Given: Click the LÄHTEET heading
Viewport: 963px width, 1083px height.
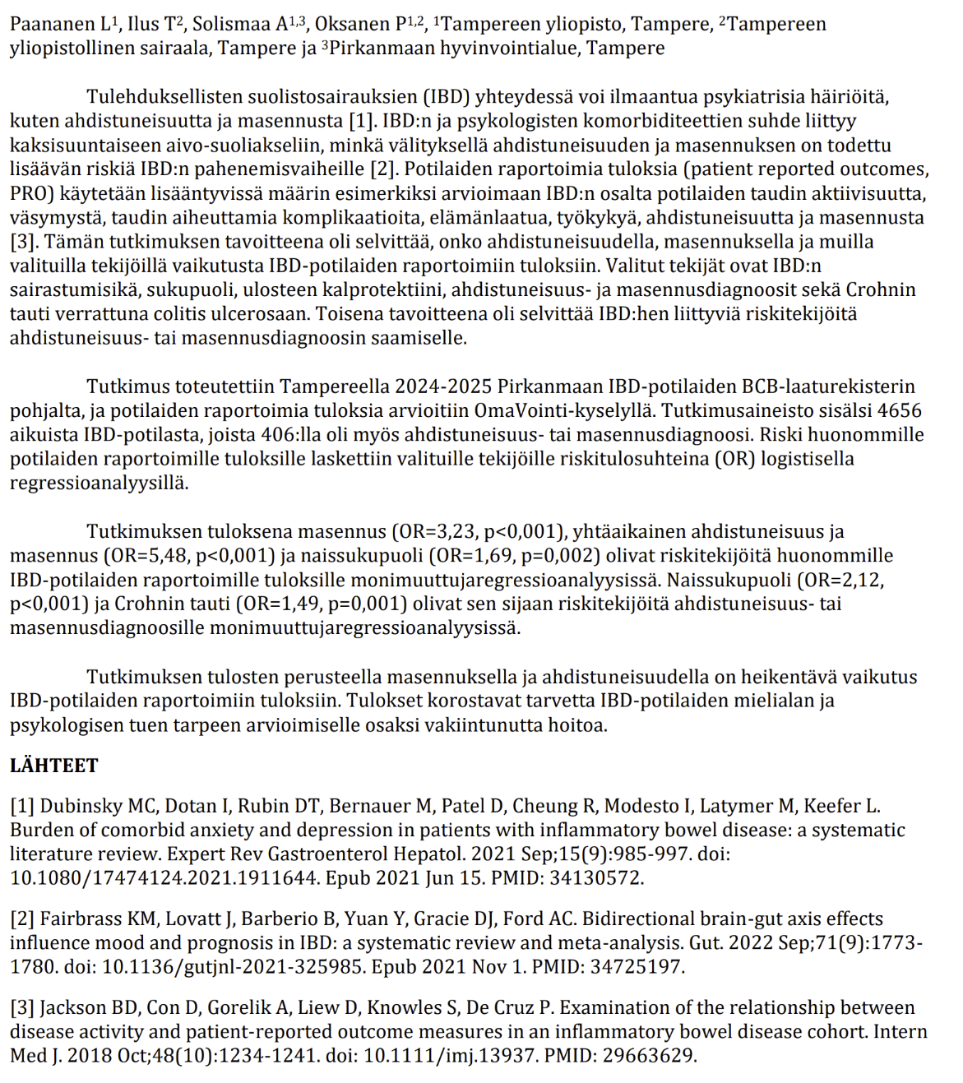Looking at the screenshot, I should pyautogui.click(x=54, y=766).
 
